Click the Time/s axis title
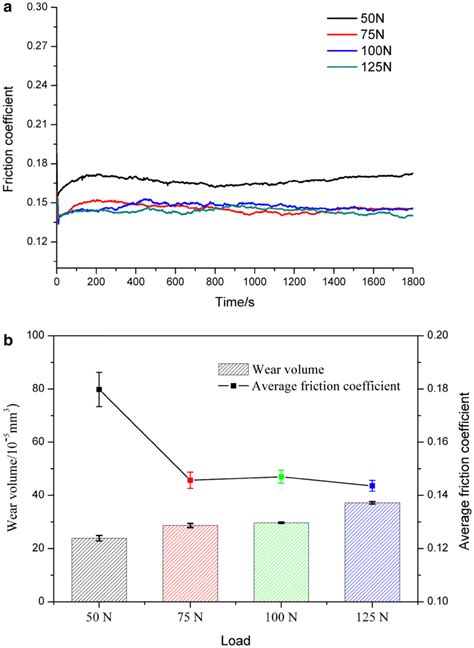click(238, 302)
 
